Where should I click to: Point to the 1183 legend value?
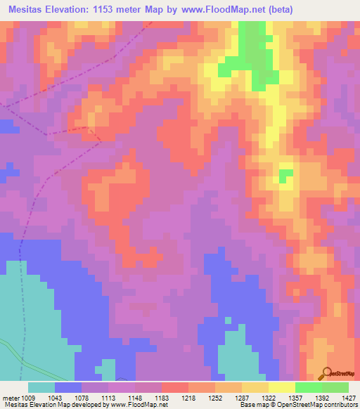161,398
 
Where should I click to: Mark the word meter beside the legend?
11,398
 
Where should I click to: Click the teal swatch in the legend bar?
41,387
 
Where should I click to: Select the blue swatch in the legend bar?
68,387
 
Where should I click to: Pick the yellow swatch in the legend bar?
282,387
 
